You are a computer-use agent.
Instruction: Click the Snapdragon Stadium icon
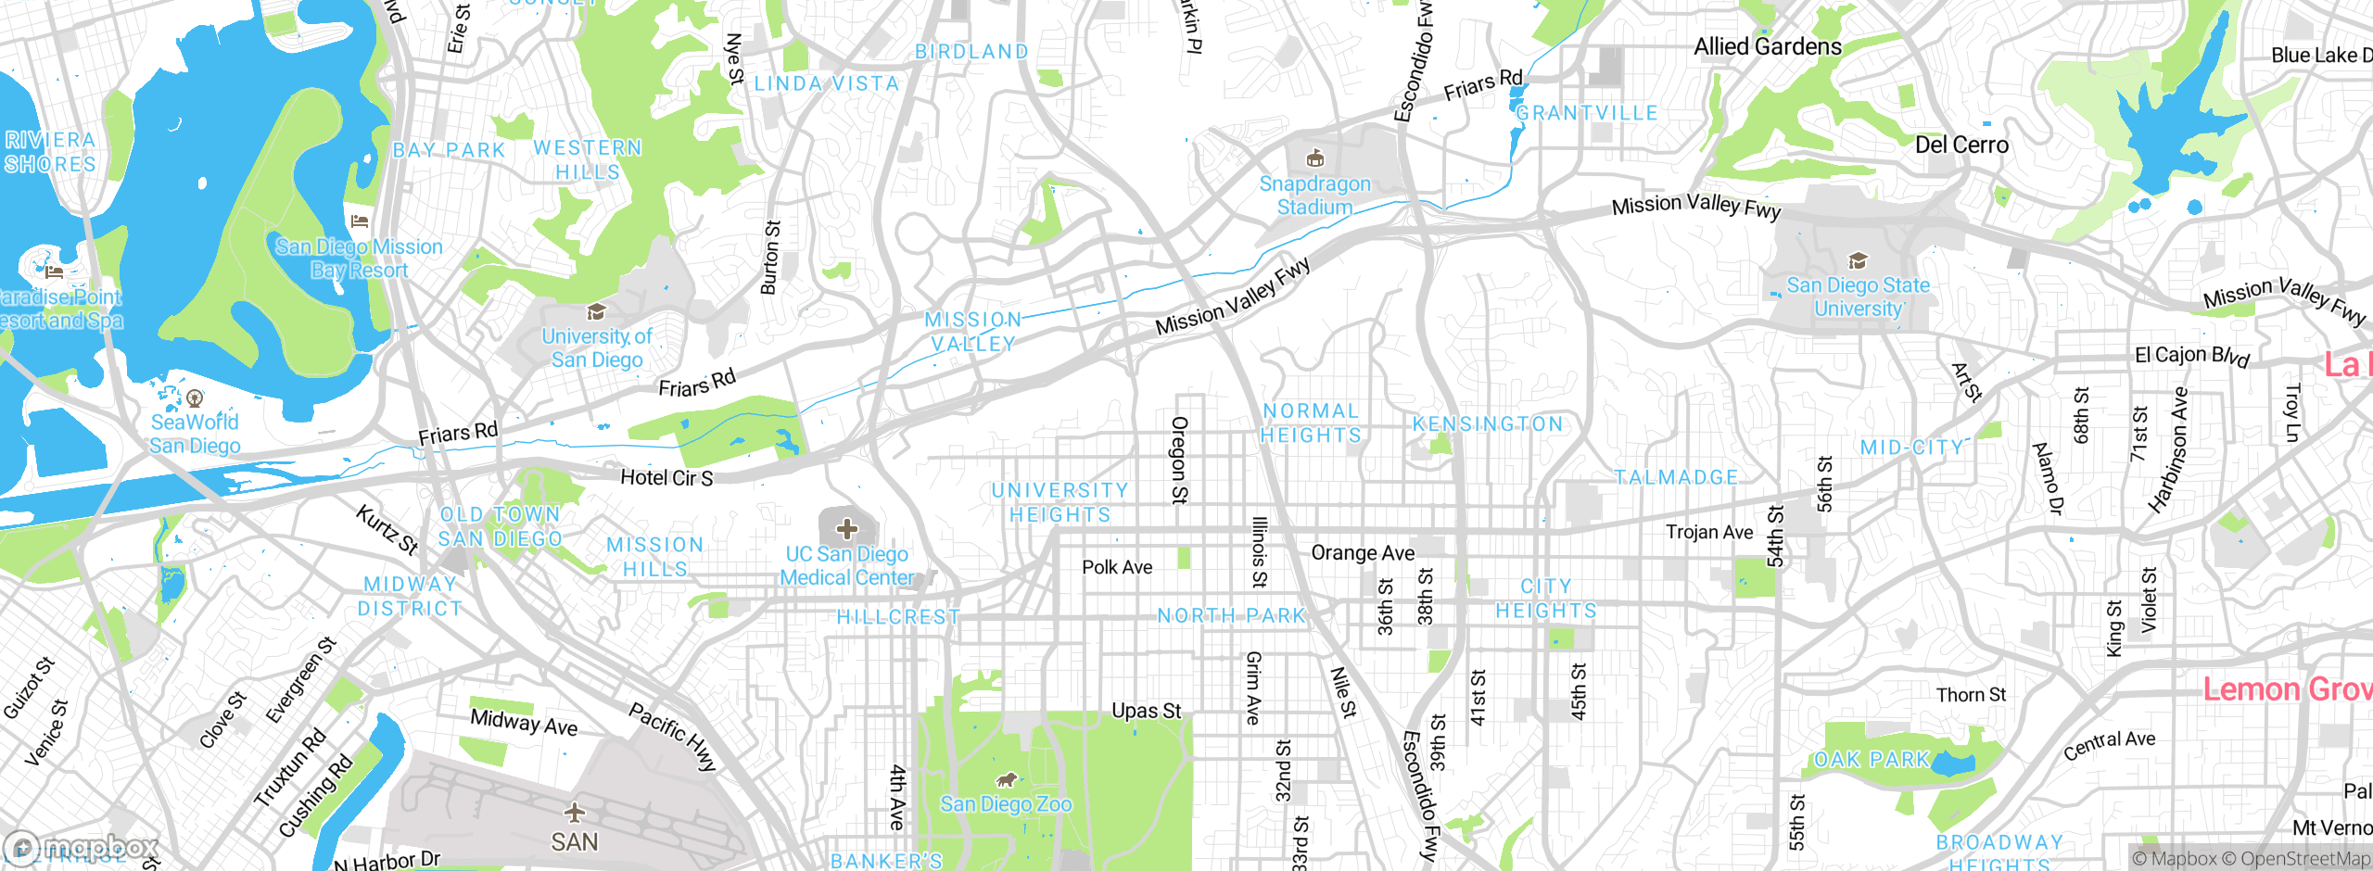coord(1314,158)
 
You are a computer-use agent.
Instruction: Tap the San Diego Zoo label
coord(1007,804)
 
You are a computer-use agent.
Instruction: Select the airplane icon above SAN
coord(575,813)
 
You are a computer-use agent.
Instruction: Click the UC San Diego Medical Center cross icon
coord(846,529)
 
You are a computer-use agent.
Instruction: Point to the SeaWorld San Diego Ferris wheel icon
coord(195,398)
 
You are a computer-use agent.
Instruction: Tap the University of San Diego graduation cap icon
coord(596,311)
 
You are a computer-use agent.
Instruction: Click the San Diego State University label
coord(1858,297)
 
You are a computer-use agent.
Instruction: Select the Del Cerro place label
coord(1961,145)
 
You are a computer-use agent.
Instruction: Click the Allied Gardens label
coord(1768,46)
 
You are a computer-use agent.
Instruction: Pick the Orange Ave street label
coord(1363,553)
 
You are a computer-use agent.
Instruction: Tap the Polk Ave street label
coord(1117,567)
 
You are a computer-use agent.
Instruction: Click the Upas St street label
coord(1147,711)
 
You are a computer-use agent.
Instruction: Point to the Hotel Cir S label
coord(666,478)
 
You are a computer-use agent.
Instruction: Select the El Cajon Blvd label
coord(2191,356)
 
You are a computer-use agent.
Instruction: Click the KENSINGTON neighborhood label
coord(1487,424)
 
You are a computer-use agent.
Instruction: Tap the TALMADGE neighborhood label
coord(1676,477)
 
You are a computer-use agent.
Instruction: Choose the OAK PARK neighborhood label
coord(1871,760)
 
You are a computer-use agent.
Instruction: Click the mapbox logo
coord(83,847)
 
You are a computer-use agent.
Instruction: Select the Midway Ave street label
coord(524,722)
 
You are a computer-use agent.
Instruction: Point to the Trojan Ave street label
coord(1709,532)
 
